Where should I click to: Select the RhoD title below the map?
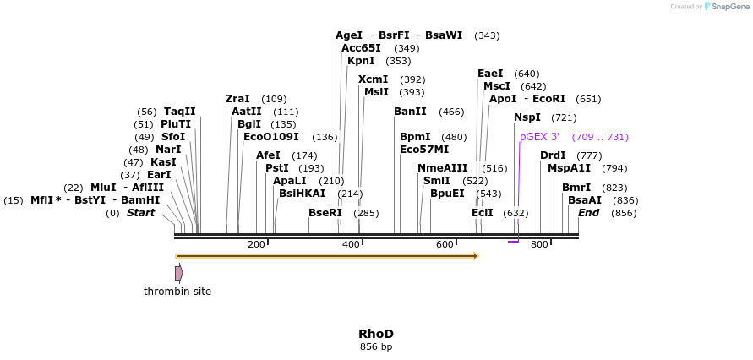[376, 334]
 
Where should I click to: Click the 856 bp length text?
[376, 347]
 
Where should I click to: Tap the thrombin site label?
[177, 292]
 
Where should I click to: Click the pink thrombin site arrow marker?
[179, 273]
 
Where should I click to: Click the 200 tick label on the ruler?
[256, 244]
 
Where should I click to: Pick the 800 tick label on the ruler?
[539, 244]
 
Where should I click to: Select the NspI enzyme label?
[527, 117]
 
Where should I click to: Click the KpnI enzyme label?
[361, 61]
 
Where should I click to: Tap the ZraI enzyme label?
[237, 99]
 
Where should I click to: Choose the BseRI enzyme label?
[325, 213]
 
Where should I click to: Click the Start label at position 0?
[140, 213]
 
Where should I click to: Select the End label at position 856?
[589, 213]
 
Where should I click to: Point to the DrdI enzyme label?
[553, 155]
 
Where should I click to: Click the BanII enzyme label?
[410, 112]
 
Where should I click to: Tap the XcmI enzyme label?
[373, 79]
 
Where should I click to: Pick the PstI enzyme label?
[277, 168]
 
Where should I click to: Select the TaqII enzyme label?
[179, 112]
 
